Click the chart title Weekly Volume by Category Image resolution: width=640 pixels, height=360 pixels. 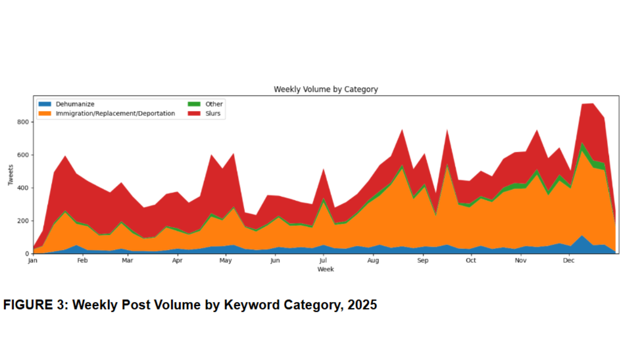[x=325, y=89]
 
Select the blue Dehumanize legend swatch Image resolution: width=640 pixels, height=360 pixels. [x=45, y=104]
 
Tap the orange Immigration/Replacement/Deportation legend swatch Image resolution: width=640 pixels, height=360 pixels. [x=45, y=113]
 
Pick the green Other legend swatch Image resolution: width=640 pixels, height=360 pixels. [x=194, y=104]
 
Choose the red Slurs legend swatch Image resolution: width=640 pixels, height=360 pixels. [x=194, y=113]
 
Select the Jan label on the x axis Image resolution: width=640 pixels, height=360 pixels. [x=33, y=260]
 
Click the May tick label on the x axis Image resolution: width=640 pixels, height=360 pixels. [x=225, y=260]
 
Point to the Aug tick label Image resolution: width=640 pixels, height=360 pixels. [x=373, y=260]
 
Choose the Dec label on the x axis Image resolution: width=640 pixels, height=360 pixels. [x=568, y=260]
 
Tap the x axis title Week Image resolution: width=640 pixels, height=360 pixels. [x=325, y=269]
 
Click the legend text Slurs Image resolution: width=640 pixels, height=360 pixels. [x=213, y=113]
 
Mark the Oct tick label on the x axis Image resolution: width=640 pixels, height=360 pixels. [x=470, y=260]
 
